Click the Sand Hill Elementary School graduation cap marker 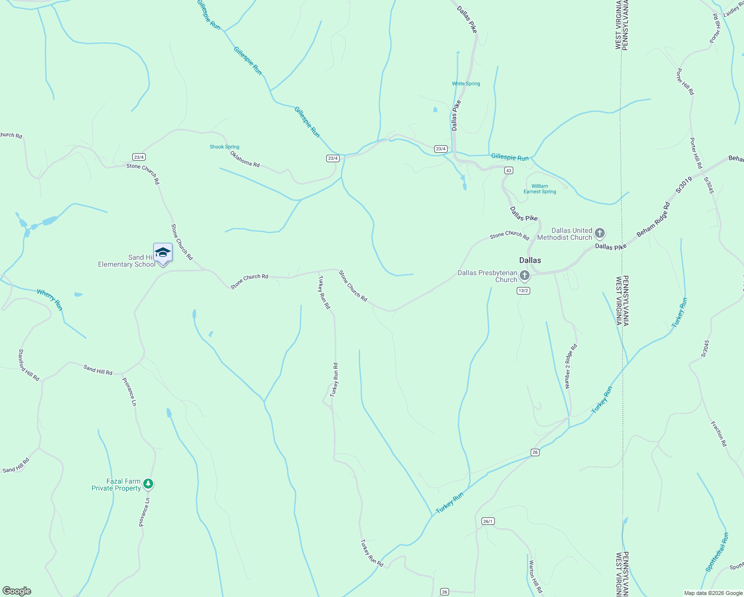tap(163, 253)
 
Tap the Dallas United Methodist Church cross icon tap(600, 233)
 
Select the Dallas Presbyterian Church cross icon tap(524, 276)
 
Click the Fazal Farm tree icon tap(148, 484)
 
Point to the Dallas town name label tap(530, 260)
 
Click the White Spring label tap(466, 84)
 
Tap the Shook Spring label tap(224, 147)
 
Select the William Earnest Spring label tap(540, 189)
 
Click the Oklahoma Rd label tap(245, 159)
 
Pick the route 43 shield tap(508, 171)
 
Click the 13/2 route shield tap(523, 291)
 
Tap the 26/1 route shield tap(488, 521)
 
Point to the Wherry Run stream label tap(50, 300)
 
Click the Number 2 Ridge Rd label tap(570, 366)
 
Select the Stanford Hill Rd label tap(29, 365)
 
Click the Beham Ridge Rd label tap(653, 219)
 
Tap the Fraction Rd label tap(719, 434)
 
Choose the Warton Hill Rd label tap(535, 577)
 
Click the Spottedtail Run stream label tap(717, 552)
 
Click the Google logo tap(17, 591)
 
